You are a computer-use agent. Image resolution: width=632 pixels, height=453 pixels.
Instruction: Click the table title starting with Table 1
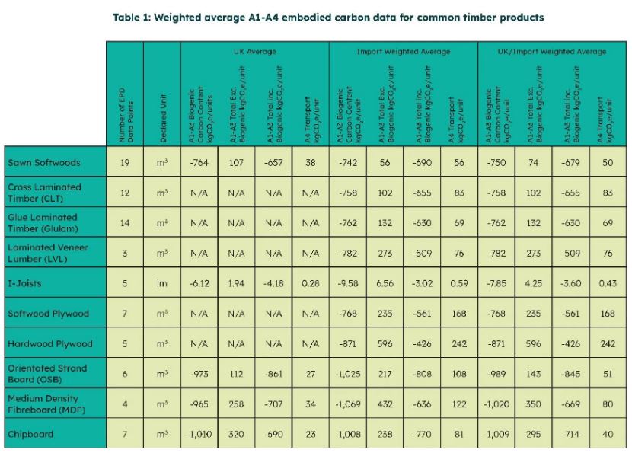coord(318,18)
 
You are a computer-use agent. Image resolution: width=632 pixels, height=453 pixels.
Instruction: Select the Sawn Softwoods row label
coord(43,163)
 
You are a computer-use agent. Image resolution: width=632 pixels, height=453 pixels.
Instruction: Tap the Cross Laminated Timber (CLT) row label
coord(43,193)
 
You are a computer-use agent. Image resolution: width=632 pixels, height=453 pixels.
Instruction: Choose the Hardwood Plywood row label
coord(49,343)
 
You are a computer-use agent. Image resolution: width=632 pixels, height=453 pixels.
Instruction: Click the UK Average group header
coord(254,52)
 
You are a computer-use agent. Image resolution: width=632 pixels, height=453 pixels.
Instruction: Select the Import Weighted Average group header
coord(403,52)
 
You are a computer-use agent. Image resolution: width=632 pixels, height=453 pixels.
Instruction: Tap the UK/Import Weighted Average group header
coord(552,52)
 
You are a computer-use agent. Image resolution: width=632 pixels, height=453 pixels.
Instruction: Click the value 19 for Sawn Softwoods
coord(125,163)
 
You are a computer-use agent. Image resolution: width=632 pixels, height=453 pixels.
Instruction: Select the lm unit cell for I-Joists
coord(162,283)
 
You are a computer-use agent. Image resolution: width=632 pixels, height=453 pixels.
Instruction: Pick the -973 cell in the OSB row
coord(199,374)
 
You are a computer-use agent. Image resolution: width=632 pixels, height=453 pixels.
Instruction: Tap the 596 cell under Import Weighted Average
coord(385,343)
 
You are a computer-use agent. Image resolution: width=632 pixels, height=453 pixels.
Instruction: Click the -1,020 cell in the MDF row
coord(496,404)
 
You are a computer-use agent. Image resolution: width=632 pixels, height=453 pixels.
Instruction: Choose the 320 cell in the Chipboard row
coord(236,434)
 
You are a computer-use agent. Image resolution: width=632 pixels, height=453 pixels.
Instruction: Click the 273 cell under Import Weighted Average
coord(385,253)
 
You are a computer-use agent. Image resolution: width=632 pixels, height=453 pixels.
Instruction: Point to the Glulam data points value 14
coord(125,223)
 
